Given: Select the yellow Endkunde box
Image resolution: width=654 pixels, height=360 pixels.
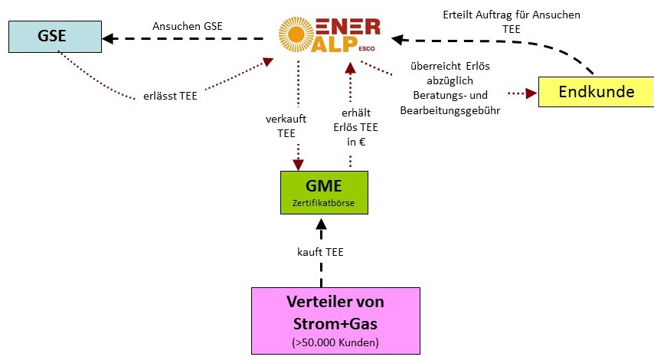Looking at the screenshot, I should (597, 92).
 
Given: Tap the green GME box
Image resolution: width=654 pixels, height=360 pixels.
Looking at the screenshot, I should (322, 192).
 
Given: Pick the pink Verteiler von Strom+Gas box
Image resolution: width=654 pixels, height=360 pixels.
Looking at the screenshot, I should (336, 320).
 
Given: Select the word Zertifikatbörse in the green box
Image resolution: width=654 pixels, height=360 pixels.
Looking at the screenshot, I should (322, 203).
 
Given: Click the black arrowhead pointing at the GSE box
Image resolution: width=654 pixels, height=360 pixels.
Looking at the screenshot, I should (109, 36).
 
